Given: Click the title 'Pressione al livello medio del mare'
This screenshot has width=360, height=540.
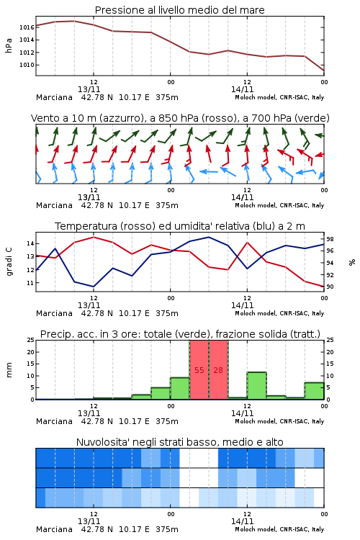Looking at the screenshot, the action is pyautogui.click(x=179, y=10).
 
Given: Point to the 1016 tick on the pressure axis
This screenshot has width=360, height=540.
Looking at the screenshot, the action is pyautogui.click(x=27, y=27).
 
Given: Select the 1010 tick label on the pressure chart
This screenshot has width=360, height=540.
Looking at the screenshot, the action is pyautogui.click(x=27, y=65).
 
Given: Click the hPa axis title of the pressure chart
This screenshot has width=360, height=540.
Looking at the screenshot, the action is pyautogui.click(x=9, y=45).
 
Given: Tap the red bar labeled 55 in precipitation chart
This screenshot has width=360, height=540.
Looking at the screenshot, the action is pyautogui.click(x=199, y=369).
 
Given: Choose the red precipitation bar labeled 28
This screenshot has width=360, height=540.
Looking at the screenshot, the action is pyautogui.click(x=218, y=369).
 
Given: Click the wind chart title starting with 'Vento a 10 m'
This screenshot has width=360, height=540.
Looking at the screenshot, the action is pyautogui.click(x=180, y=118).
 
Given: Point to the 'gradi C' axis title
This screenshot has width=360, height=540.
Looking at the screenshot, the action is pyautogui.click(x=9, y=261).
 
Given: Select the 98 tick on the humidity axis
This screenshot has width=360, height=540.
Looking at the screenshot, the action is pyautogui.click(x=330, y=239).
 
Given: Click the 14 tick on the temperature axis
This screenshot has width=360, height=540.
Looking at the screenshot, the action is pyautogui.click(x=31, y=243).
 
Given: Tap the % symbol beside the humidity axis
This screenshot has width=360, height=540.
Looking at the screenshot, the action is pyautogui.click(x=352, y=262).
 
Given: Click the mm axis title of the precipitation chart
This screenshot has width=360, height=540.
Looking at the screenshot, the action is pyautogui.click(x=9, y=369).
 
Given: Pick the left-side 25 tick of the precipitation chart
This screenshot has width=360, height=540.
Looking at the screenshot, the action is pyautogui.click(x=31, y=340).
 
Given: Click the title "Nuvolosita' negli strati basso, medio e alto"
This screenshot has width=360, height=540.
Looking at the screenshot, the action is pyautogui.click(x=179, y=442).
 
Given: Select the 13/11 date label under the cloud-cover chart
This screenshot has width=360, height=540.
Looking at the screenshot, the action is pyautogui.click(x=89, y=521).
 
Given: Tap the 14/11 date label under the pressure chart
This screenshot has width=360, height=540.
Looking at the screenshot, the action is pyautogui.click(x=242, y=89).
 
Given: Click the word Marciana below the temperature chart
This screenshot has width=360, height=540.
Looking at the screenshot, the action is pyautogui.click(x=54, y=313).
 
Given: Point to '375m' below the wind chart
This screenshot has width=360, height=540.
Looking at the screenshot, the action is pyautogui.click(x=167, y=205).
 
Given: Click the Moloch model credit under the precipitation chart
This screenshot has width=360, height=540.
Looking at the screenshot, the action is pyautogui.click(x=279, y=421).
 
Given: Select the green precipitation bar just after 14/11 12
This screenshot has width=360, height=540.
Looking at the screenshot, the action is pyautogui.click(x=256, y=386).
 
